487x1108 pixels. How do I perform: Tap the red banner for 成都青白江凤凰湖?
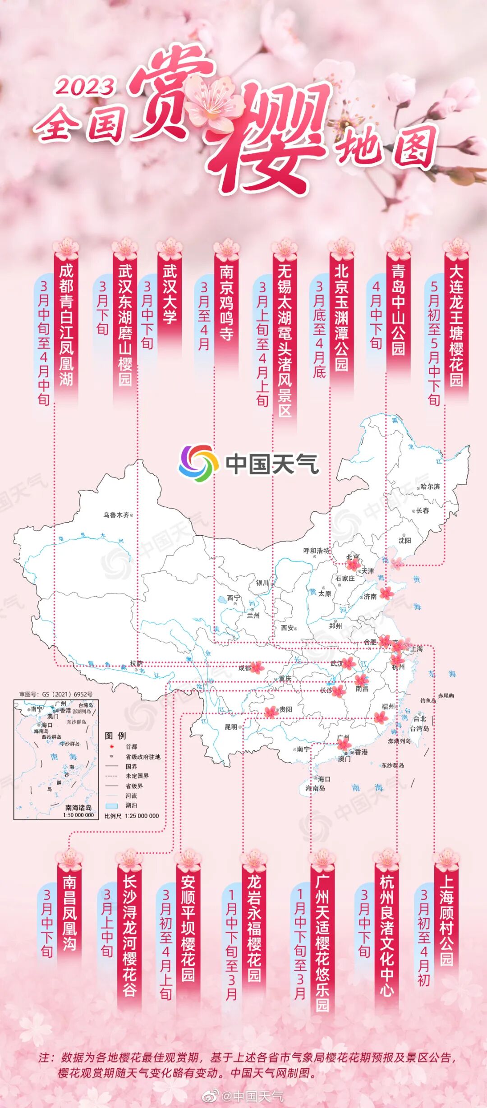pyautogui.click(x=66, y=325)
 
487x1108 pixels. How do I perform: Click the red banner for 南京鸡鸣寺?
pyautogui.click(x=226, y=302)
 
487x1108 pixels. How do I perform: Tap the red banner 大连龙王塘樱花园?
pyautogui.click(x=456, y=325)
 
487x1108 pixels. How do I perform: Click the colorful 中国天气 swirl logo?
pyautogui.click(x=198, y=463)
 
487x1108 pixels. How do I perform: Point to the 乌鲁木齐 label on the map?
pyautogui.click(x=116, y=515)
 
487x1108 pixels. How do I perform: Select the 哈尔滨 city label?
pyautogui.click(x=430, y=487)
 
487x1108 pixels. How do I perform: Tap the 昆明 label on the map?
pyautogui.click(x=231, y=727)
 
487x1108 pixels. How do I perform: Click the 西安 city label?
pyautogui.click(x=287, y=628)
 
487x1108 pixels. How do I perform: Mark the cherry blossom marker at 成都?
pyautogui.click(x=257, y=667)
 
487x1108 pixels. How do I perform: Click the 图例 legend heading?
pyautogui.click(x=115, y=736)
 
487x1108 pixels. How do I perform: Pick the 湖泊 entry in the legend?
pyautogui.click(x=131, y=805)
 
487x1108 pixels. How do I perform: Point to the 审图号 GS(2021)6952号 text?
pyautogui.click(x=55, y=694)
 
